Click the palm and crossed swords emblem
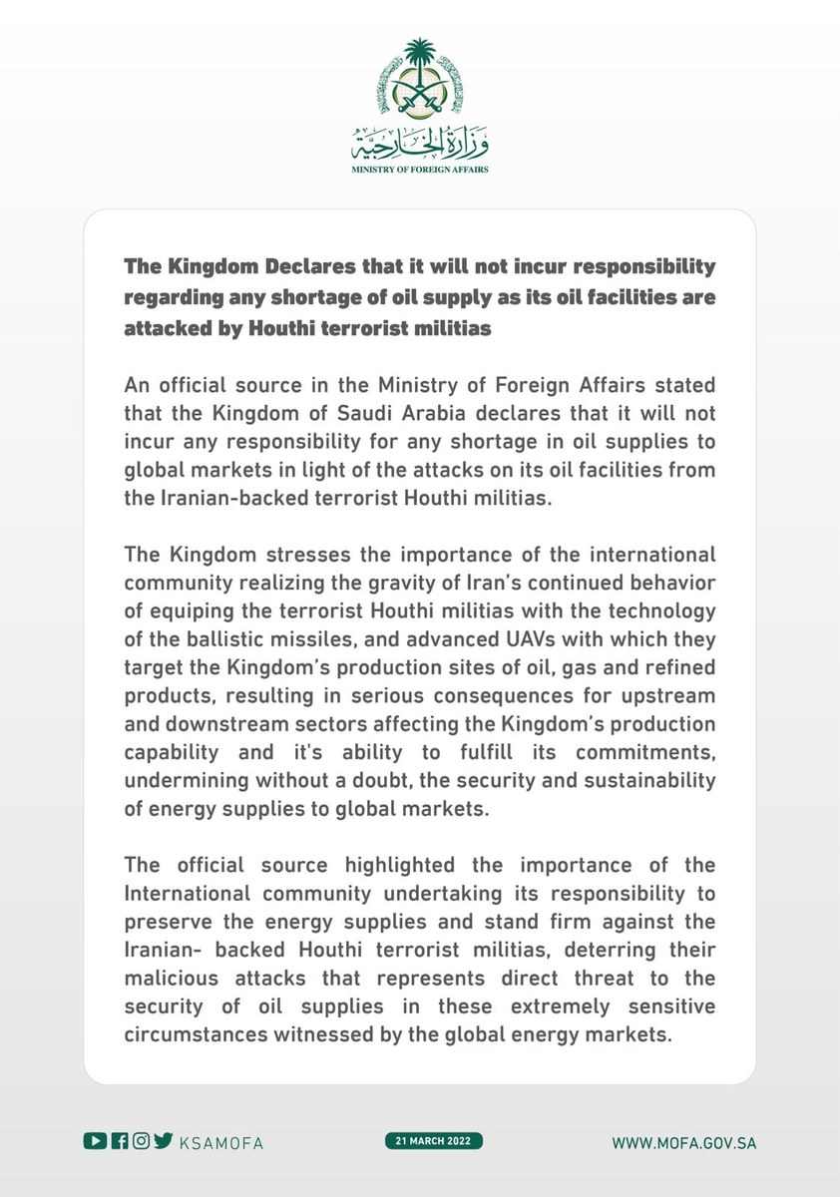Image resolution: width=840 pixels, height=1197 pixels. (420, 81)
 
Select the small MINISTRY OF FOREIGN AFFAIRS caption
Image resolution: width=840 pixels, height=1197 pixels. (420, 171)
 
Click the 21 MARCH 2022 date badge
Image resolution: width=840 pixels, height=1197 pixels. (433, 1141)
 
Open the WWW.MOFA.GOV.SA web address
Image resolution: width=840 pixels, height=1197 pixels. (684, 1142)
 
